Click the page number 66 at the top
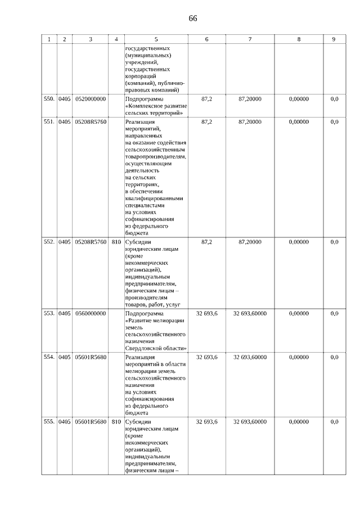(192, 18)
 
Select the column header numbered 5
(156, 39)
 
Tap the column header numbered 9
(334, 39)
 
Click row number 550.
(49, 99)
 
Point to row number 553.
(49, 313)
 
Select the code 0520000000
(90, 99)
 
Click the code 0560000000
(90, 313)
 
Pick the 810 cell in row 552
(116, 242)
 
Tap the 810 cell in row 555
(116, 422)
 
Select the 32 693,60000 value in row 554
(250, 357)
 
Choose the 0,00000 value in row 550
(299, 99)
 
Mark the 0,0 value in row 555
(334, 422)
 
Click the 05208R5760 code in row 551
(90, 121)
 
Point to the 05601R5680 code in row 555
(90, 422)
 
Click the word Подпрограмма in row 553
(144, 313)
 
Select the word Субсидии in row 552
(139, 242)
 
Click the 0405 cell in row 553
(64, 313)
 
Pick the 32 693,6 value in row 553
(206, 313)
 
